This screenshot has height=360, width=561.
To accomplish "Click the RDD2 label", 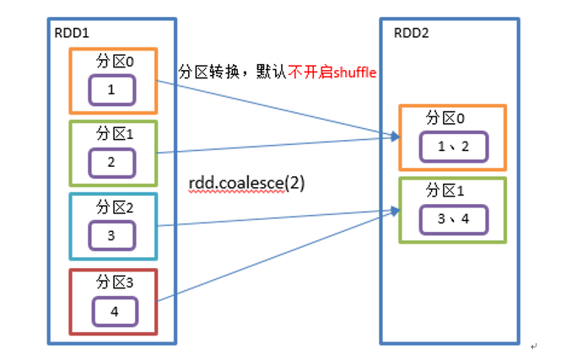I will tap(413, 34).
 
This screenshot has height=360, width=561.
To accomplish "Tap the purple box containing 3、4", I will tap(455, 219).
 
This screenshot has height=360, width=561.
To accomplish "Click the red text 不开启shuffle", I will tap(332, 73).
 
